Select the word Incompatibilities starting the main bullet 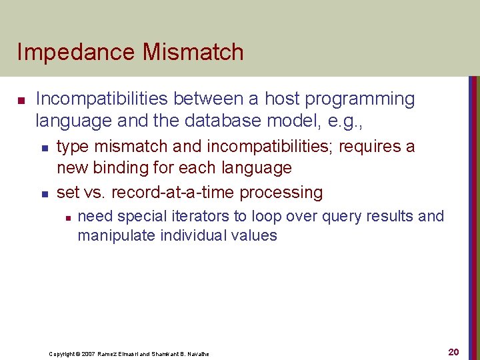[x=102, y=99]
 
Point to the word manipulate [x=115, y=235]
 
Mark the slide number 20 [x=453, y=351]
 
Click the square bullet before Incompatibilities [x=21, y=101]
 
